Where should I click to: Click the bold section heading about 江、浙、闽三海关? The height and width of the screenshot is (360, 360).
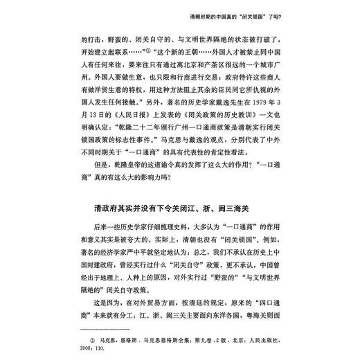click(x=181, y=208)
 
